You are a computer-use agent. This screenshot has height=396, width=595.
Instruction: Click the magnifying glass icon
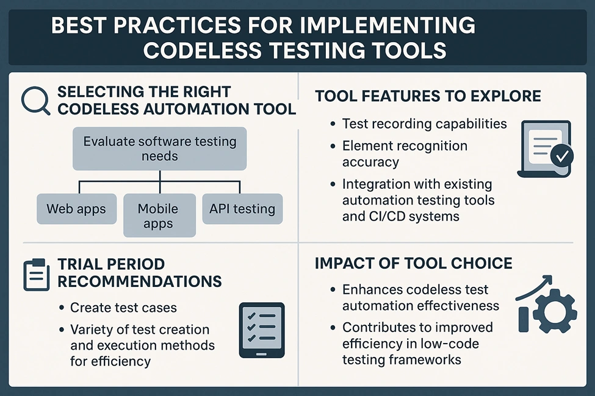click(x=34, y=99)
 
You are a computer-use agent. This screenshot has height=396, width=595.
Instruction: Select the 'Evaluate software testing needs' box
click(x=160, y=149)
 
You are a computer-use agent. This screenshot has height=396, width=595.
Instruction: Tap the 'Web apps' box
click(x=76, y=209)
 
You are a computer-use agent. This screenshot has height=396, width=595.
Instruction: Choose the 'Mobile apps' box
click(x=159, y=216)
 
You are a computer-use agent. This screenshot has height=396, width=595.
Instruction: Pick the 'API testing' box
click(x=242, y=209)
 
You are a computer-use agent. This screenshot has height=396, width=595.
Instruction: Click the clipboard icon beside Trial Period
click(x=37, y=275)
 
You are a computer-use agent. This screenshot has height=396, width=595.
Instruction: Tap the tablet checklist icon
click(x=261, y=330)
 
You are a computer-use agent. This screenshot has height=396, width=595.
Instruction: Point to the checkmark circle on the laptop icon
click(x=562, y=155)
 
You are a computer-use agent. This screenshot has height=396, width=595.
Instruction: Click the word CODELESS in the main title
click(x=202, y=50)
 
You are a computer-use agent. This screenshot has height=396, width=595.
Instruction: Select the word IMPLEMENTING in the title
click(x=388, y=26)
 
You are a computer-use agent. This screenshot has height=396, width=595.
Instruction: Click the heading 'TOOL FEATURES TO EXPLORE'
click(x=428, y=96)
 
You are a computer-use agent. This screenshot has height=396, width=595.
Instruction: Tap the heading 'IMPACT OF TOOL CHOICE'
click(x=414, y=263)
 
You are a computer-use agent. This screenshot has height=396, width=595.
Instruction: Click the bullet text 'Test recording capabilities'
click(x=424, y=124)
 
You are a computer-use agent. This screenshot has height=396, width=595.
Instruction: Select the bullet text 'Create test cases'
click(x=123, y=307)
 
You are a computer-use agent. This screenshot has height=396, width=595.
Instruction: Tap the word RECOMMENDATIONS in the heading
click(x=140, y=281)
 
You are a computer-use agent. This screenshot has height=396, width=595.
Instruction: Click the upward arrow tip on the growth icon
click(x=552, y=276)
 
